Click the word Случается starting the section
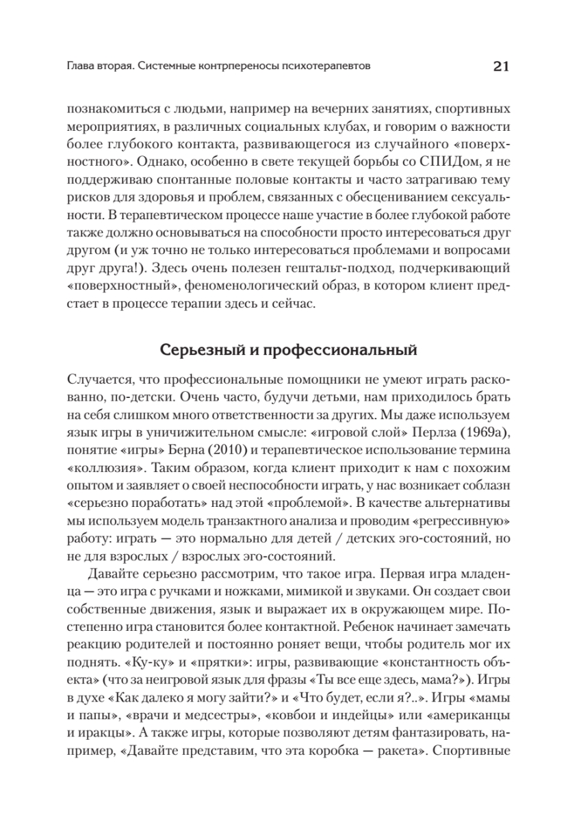tap(99, 379)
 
